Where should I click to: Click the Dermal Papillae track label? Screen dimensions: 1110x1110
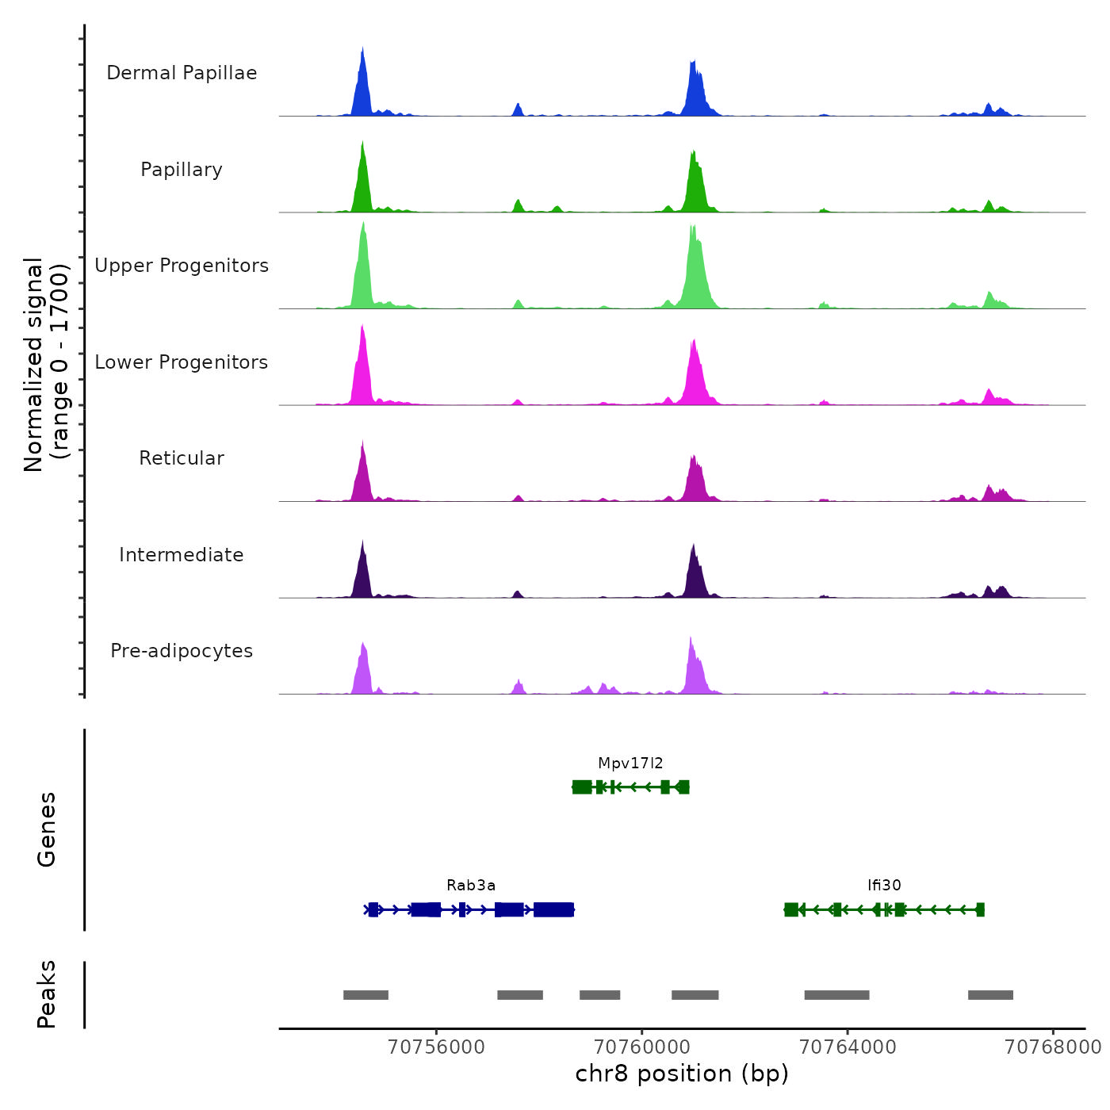coord(182,73)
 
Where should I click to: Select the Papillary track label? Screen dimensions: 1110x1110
coord(182,170)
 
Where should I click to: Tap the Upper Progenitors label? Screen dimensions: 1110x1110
coord(182,266)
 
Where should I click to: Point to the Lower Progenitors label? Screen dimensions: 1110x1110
coord(182,362)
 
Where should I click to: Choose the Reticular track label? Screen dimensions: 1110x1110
coord(182,458)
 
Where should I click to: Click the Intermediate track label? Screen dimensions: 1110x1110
coord(182,555)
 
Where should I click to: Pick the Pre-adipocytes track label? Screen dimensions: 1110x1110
coord(182,651)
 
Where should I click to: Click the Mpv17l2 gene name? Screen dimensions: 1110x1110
coord(630,764)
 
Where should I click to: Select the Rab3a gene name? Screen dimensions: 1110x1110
coord(471,886)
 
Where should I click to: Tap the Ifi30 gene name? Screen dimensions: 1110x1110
coord(884,886)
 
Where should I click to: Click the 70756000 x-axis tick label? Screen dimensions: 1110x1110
coord(436,1047)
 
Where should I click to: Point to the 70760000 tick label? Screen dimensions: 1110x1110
coord(642,1047)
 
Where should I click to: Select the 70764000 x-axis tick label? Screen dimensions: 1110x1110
coord(848,1047)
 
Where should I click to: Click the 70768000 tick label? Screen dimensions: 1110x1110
coord(1053,1047)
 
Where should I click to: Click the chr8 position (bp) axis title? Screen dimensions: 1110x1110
coord(682,1074)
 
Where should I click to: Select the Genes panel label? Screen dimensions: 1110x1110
coord(47,829)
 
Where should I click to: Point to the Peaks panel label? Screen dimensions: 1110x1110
coord(47,994)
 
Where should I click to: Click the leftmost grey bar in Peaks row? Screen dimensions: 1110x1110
coord(366,995)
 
